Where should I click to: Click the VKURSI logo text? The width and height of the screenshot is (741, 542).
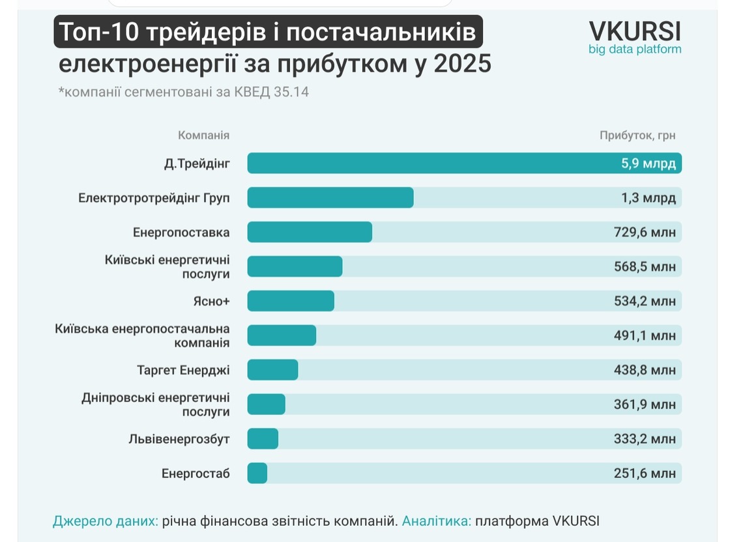(635, 32)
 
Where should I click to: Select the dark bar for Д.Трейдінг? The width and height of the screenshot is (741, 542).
(465, 163)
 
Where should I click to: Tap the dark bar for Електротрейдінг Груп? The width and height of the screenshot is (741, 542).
(330, 197)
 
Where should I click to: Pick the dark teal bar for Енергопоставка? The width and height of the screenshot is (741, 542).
(310, 232)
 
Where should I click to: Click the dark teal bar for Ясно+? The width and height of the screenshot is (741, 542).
(291, 301)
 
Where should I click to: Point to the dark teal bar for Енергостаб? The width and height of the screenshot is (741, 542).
(257, 473)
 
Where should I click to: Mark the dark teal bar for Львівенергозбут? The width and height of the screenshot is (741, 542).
(263, 438)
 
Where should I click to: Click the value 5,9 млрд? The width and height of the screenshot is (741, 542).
(648, 164)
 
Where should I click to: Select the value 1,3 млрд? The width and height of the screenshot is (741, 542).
(648, 198)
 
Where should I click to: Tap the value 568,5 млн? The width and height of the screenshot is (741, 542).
(645, 266)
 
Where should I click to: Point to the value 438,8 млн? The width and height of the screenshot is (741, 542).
(645, 369)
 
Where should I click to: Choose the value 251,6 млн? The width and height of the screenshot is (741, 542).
(645, 473)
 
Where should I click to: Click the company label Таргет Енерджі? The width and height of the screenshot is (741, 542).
(183, 370)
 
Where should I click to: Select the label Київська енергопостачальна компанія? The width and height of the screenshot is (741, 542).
(142, 335)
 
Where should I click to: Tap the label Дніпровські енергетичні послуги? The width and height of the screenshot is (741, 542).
(156, 405)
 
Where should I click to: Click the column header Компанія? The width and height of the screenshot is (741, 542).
(204, 135)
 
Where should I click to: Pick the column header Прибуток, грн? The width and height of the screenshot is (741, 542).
(637, 135)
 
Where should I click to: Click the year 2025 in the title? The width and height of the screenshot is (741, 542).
(463, 63)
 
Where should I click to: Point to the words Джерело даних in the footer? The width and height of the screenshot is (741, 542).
(106, 521)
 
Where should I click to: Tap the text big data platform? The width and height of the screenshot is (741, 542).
(635, 49)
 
